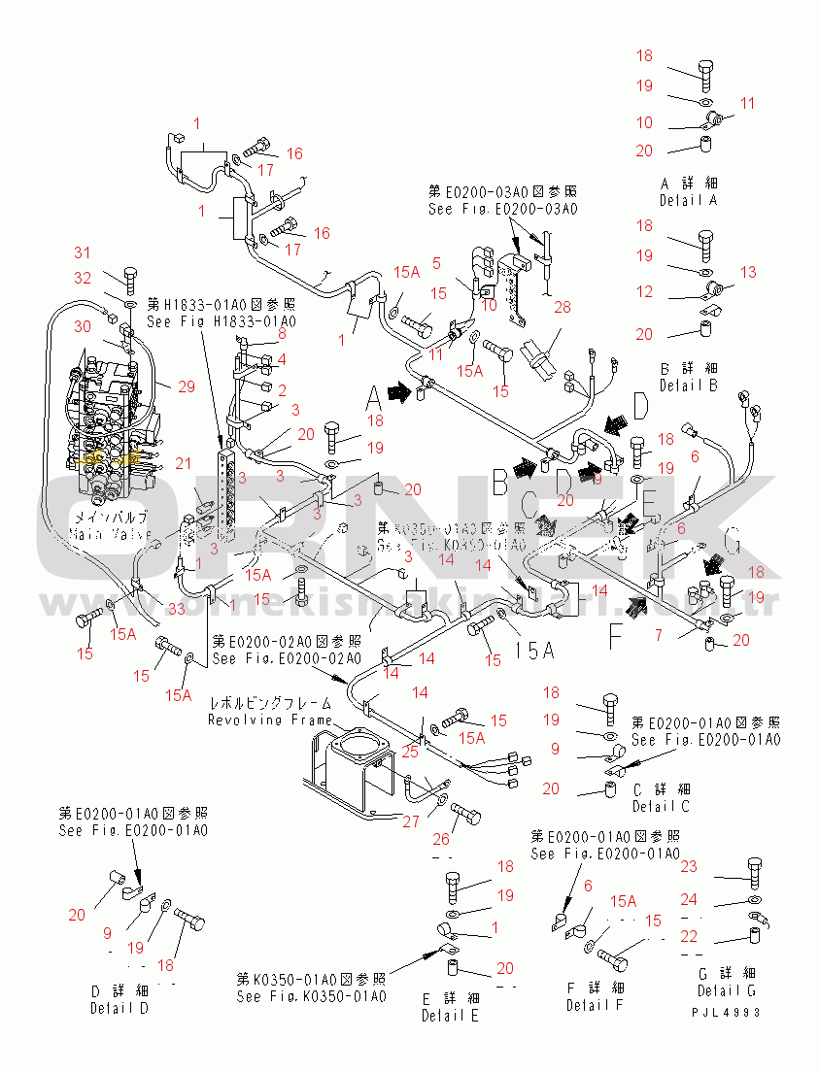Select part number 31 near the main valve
(x=84, y=254)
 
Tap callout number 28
(x=562, y=308)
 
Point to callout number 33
(x=176, y=609)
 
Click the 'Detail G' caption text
(x=726, y=990)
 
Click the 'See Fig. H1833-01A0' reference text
(x=222, y=321)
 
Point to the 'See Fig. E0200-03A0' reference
(x=502, y=209)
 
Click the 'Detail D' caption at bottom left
(x=119, y=1008)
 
